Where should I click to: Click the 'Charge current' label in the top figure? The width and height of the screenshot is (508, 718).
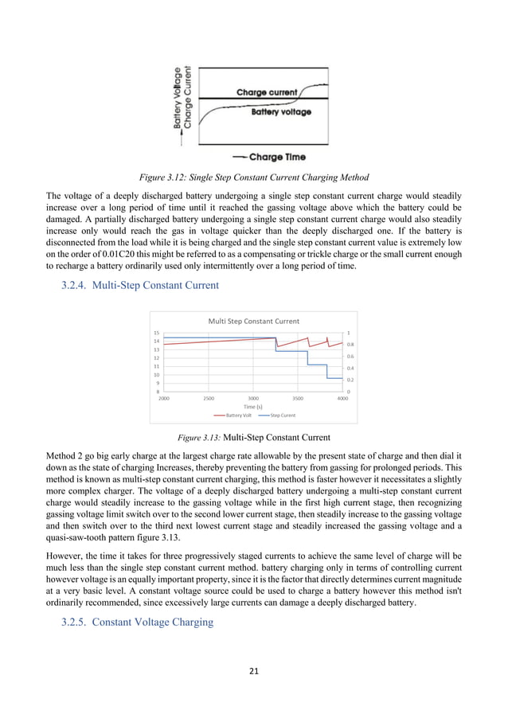265,92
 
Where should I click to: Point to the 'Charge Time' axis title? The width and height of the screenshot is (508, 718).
276,157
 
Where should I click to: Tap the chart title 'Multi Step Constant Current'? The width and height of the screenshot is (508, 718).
253,321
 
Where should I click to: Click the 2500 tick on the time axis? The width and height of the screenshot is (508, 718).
209,397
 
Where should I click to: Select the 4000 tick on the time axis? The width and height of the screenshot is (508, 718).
342,397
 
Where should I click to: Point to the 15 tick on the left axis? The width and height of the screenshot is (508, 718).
157,333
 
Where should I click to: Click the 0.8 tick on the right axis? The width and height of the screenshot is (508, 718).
350,345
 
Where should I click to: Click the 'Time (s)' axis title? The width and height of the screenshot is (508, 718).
253,406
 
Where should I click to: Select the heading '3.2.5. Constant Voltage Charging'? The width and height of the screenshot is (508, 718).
137,622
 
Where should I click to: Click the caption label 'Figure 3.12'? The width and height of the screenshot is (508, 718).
163,176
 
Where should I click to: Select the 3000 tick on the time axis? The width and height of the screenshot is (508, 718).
253,397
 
